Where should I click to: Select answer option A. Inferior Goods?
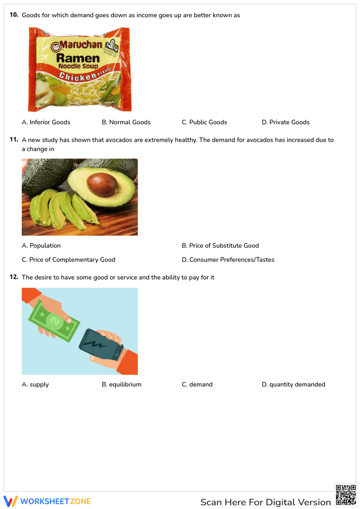click(x=46, y=122)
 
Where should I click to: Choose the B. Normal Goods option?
click(x=126, y=122)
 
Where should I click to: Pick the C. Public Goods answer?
click(x=204, y=122)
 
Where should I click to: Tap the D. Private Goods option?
click(x=285, y=122)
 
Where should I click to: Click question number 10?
click(x=14, y=15)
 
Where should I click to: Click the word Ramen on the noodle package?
click(x=78, y=58)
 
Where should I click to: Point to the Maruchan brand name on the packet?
click(x=81, y=45)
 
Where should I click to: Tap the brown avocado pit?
click(x=103, y=184)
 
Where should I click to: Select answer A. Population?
click(x=41, y=246)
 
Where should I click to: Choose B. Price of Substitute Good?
click(x=220, y=246)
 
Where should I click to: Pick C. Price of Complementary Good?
click(x=68, y=260)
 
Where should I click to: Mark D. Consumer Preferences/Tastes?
click(x=228, y=260)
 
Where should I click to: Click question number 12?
click(x=14, y=277)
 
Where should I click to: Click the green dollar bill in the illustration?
click(x=54, y=321)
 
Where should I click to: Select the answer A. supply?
click(x=35, y=384)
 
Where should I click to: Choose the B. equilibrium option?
click(x=121, y=384)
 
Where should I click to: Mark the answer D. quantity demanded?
click(x=293, y=384)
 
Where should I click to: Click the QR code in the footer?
click(x=346, y=495)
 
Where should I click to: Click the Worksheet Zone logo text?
click(x=55, y=501)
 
